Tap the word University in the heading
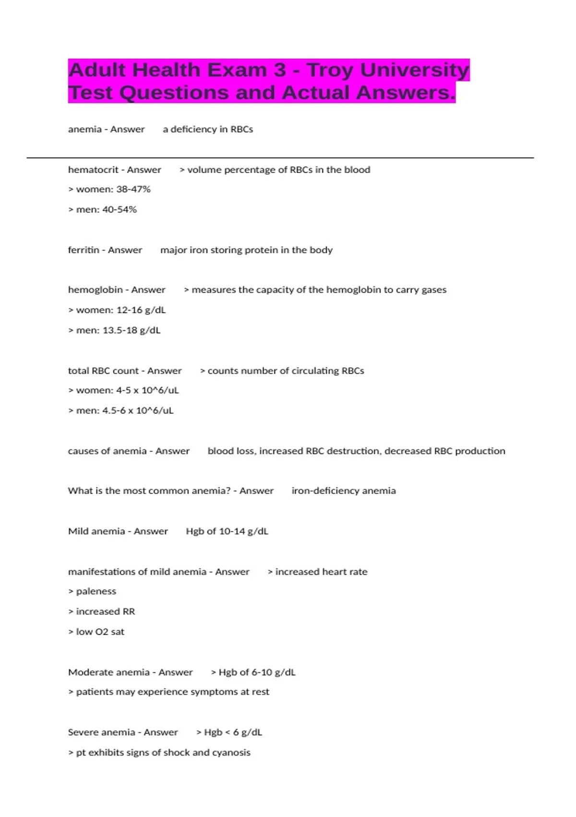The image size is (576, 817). point(414,70)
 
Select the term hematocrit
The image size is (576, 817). point(93,170)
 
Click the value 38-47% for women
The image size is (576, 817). point(133,189)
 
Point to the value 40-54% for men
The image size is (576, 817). point(120,210)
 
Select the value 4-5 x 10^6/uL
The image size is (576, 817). point(147,390)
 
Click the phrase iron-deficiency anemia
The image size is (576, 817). point(344,491)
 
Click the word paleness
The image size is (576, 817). point(96,591)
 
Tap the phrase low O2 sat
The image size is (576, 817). point(100,631)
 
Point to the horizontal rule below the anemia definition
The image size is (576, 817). point(280,158)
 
